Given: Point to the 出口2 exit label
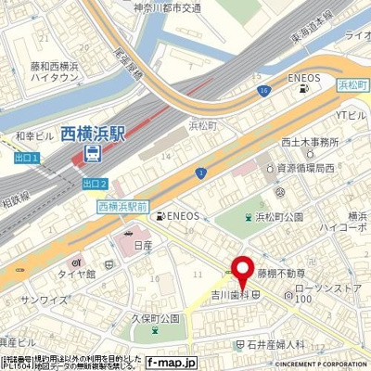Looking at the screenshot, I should [x=95, y=183].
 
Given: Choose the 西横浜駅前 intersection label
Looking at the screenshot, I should [x=123, y=206].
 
